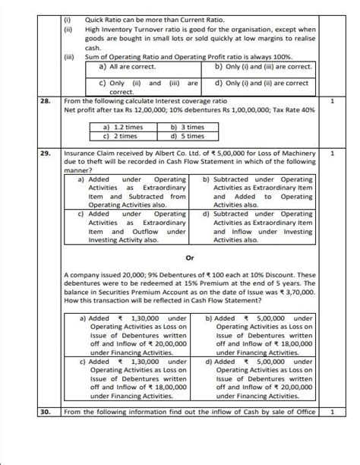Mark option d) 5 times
(x=188, y=137)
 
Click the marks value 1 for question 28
(x=333, y=100)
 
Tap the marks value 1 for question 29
(x=333, y=153)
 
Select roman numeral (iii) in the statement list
(x=69, y=57)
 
